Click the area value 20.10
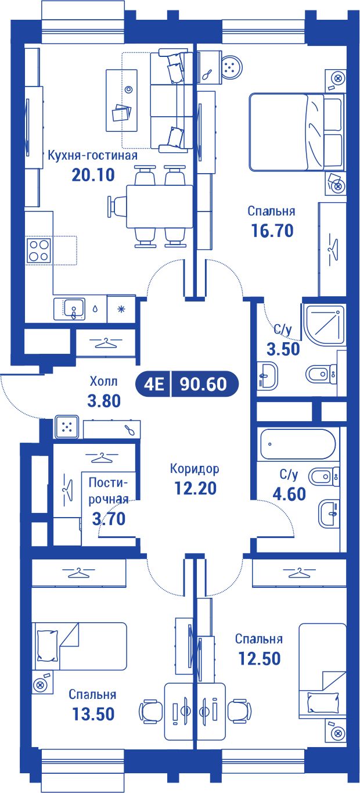[x=93, y=174]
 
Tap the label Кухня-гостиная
[x=92, y=156]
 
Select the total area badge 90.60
[x=204, y=383]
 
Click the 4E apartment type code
[x=154, y=384]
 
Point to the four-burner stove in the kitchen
[x=38, y=250]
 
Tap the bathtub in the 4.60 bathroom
[x=297, y=444]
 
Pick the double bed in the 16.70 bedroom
[x=296, y=132]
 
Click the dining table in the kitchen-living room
[x=160, y=207]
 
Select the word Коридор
[x=195, y=469]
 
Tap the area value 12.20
[x=196, y=488]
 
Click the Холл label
[x=103, y=382]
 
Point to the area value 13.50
[x=93, y=713]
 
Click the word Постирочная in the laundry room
[x=109, y=491]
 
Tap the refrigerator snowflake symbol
[x=121, y=309]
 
